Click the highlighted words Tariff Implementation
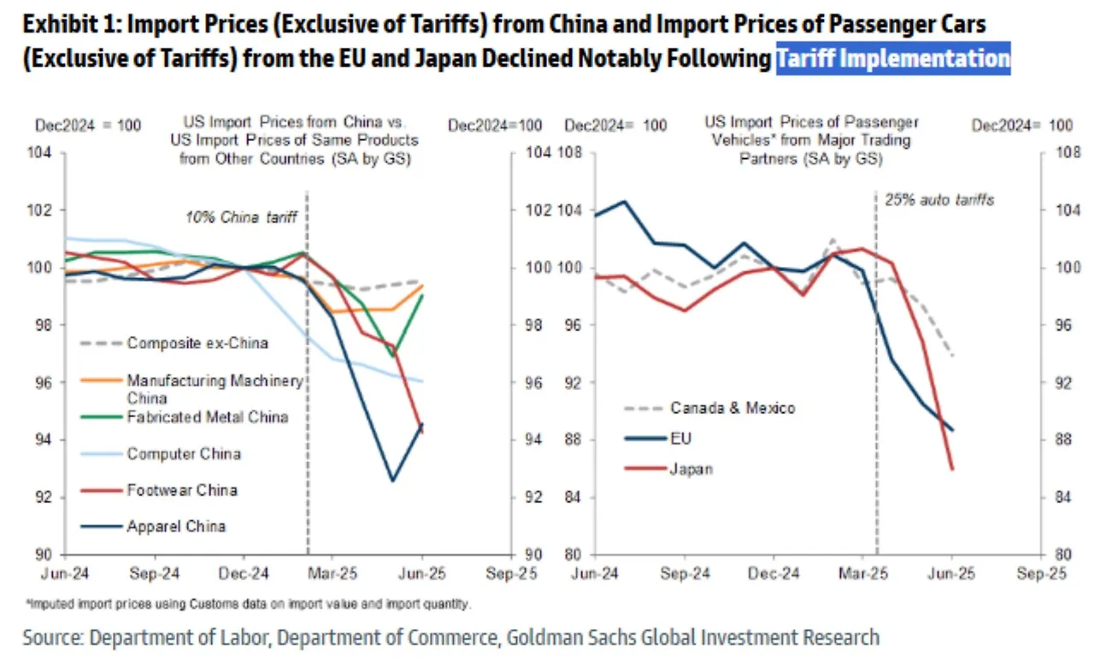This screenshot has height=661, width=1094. point(893,59)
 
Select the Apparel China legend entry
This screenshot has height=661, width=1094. point(176,526)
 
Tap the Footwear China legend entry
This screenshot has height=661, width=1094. point(181,490)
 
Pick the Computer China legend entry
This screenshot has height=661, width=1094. point(184,453)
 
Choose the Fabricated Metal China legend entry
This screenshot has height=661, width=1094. point(207,417)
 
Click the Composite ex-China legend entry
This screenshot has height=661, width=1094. point(197,343)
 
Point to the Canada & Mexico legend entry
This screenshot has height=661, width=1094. point(732,408)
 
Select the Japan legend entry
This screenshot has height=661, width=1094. point(691,469)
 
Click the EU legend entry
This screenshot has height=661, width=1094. point(681,439)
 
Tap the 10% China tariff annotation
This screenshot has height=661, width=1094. point(241,217)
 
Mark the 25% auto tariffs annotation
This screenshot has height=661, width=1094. point(938,200)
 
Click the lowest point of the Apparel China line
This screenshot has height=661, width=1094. point(392,481)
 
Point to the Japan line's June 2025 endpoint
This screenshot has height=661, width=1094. point(952,469)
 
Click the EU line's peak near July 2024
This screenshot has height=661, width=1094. point(625,202)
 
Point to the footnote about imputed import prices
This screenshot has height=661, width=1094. point(251,605)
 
